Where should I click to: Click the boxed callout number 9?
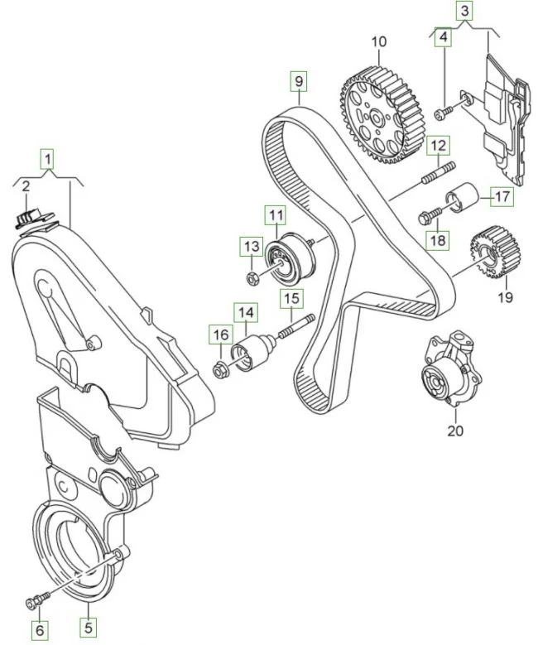[297, 81]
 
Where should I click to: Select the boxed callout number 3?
[466, 12]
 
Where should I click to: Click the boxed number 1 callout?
[49, 157]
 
